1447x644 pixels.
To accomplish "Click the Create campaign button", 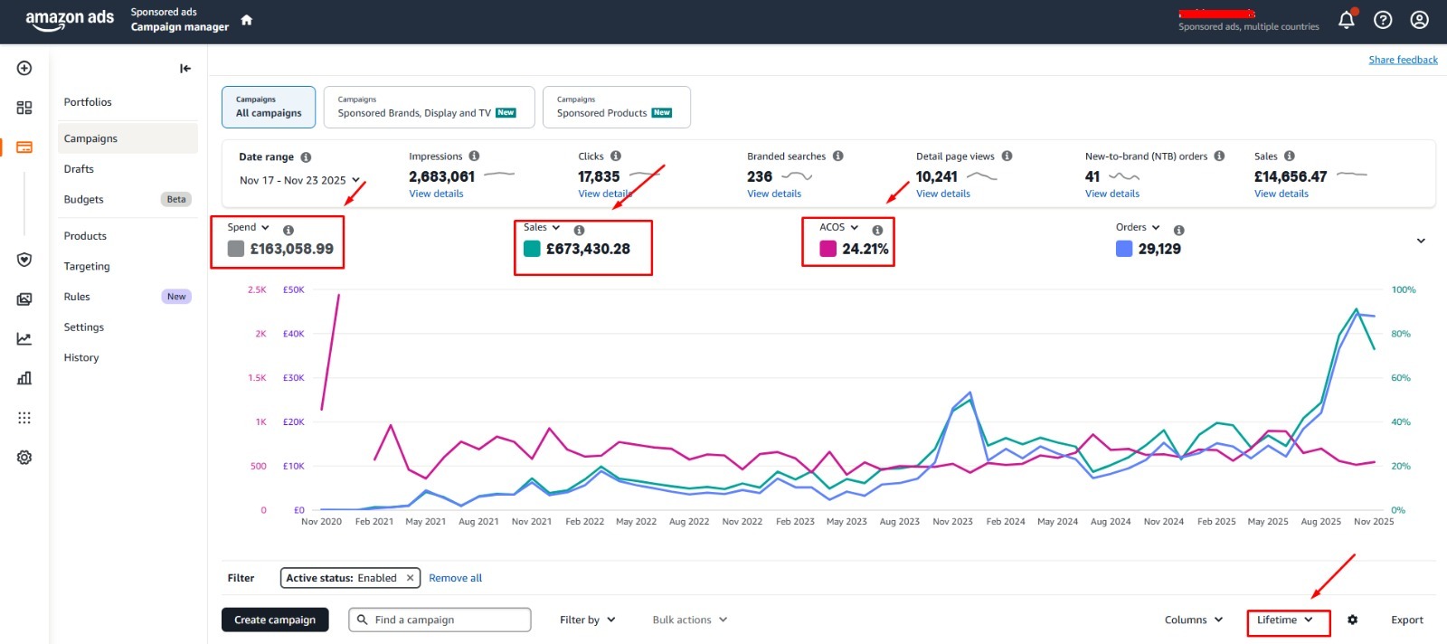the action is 275,620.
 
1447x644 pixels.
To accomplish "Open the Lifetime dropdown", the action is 1284,620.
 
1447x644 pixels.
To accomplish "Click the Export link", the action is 1407,620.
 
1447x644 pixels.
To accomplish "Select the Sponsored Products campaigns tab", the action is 616,108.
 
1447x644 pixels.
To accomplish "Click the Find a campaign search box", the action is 440,620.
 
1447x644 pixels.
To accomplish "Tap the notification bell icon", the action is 1347,20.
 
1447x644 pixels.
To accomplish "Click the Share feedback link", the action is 1403,60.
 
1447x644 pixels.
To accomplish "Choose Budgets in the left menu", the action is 83,199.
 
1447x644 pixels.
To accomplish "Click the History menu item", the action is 81,357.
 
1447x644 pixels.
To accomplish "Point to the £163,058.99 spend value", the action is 292,249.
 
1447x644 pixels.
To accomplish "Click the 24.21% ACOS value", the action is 865,249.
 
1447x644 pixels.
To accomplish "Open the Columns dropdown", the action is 1194,620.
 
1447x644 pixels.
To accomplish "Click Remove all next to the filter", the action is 456,577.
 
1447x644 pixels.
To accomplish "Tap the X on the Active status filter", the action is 410,577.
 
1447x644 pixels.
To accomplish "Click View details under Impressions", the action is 436,194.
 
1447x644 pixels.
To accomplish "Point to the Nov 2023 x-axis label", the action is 952,521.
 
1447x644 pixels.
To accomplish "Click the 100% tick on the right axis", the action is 1403,289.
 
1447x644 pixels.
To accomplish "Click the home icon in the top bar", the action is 246,20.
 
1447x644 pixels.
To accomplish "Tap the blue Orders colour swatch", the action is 1124,249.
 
